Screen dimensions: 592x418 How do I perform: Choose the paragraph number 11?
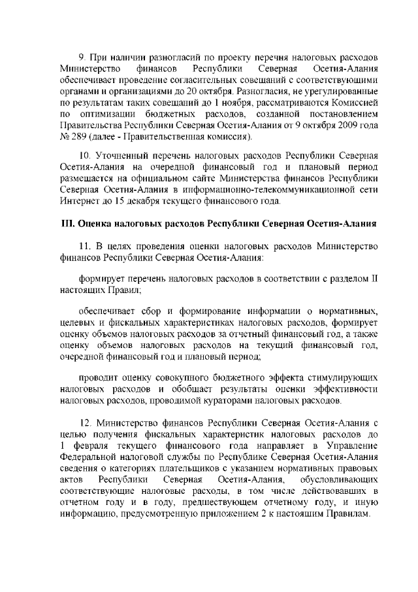85,246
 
